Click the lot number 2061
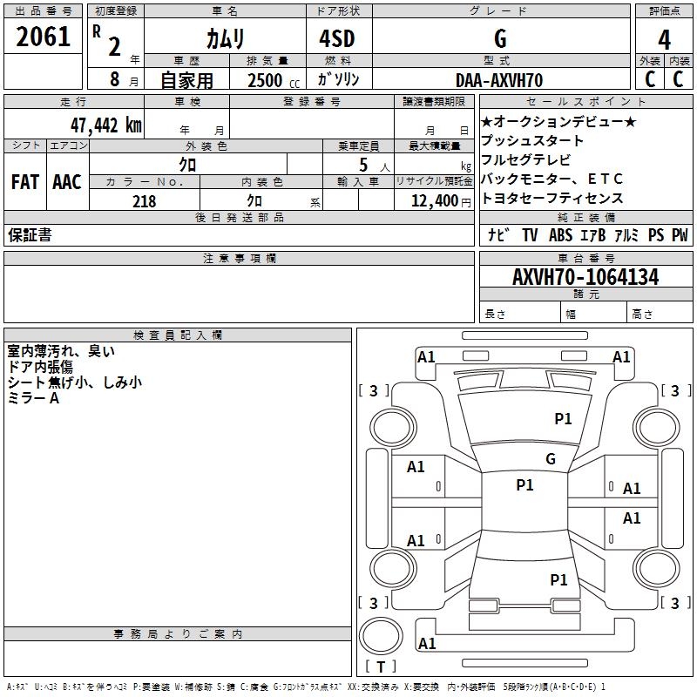[x=43, y=37]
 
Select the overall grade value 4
[x=664, y=40]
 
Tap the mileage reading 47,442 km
[x=106, y=125]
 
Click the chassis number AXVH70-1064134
[x=585, y=277]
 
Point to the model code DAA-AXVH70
[x=499, y=80]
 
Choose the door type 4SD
[x=337, y=38]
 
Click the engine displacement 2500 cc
[x=274, y=80]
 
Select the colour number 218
[x=144, y=201]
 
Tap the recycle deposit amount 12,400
[x=435, y=201]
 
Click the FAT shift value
[x=25, y=182]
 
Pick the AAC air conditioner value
[x=67, y=182]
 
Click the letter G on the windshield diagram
[x=551, y=459]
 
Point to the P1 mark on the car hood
[x=563, y=418]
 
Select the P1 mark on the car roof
[x=524, y=485]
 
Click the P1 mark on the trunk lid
[x=558, y=579]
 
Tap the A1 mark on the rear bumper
[x=427, y=643]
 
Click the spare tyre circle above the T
[x=381, y=636]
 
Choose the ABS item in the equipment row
[x=560, y=235]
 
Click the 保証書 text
[x=30, y=234]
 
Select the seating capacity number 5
[x=363, y=165]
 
